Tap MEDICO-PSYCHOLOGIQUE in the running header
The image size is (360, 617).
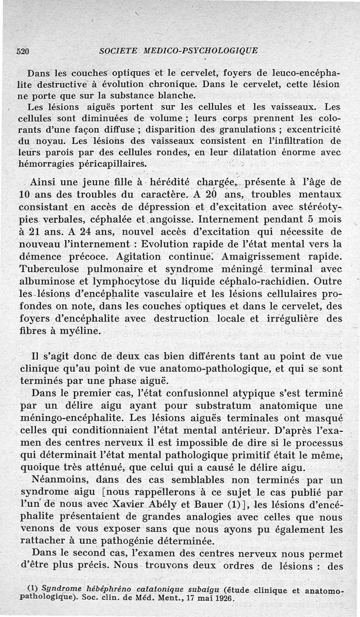(x=200, y=51)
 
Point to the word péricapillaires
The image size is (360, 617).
(x=110, y=164)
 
